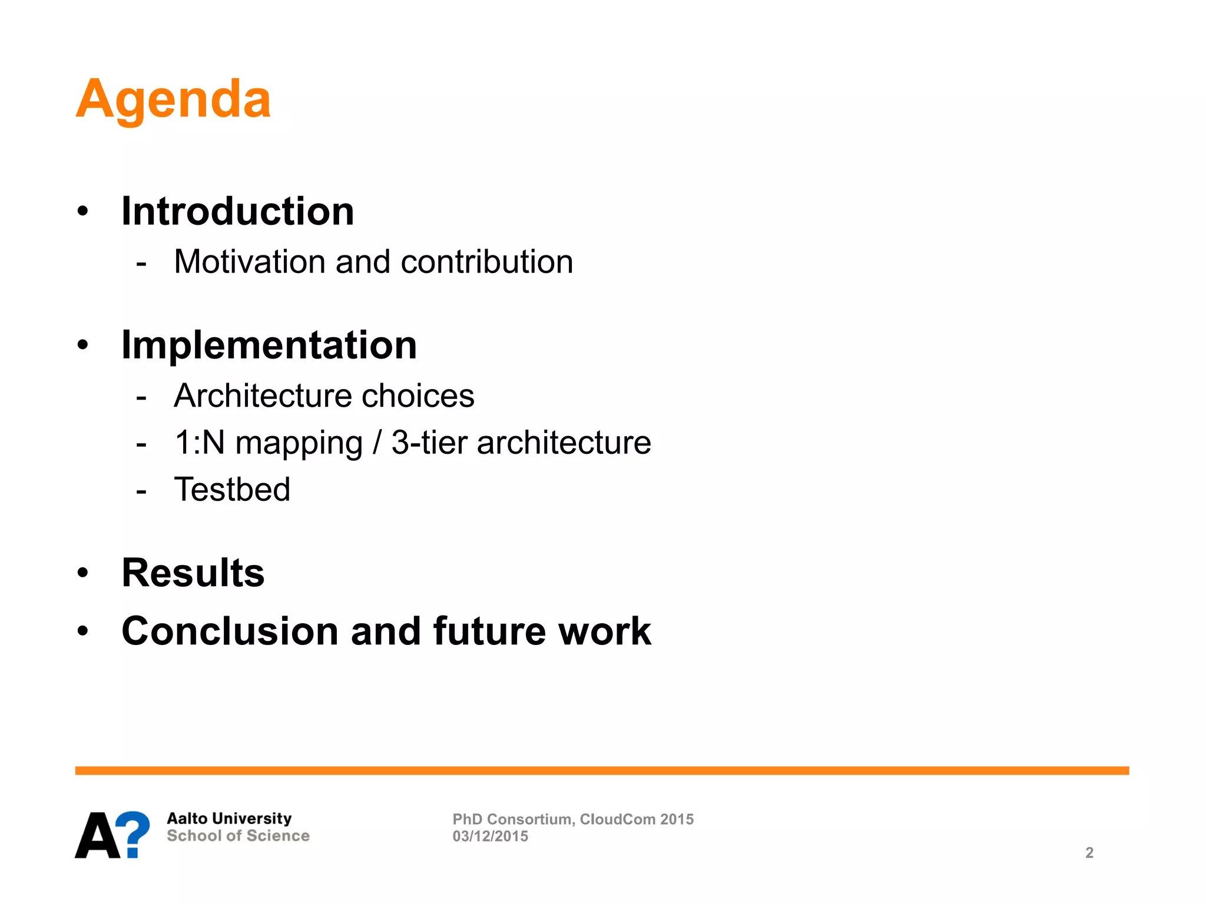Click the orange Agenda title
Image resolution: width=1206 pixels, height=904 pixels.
pyautogui.click(x=173, y=99)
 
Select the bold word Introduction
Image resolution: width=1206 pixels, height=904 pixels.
pyautogui.click(x=237, y=211)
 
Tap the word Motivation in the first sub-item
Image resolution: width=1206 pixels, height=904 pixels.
pyautogui.click(x=249, y=261)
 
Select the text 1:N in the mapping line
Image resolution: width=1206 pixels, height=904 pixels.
pyautogui.click(x=200, y=443)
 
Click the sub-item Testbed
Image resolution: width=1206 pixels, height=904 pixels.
pyautogui.click(x=232, y=490)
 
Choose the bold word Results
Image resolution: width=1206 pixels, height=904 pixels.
pyautogui.click(x=193, y=573)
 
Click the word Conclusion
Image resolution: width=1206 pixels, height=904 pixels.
pyautogui.click(x=230, y=631)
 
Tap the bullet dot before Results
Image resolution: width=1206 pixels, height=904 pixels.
pyautogui.click(x=82, y=573)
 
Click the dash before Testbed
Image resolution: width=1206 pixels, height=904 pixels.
pyautogui.click(x=141, y=490)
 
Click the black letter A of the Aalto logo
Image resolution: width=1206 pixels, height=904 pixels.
pyautogui.click(x=97, y=836)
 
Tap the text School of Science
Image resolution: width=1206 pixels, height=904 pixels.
pyautogui.click(x=238, y=836)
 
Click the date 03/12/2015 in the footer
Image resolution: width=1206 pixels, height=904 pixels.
pyautogui.click(x=490, y=836)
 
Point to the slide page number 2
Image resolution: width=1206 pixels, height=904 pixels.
pyautogui.click(x=1089, y=853)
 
